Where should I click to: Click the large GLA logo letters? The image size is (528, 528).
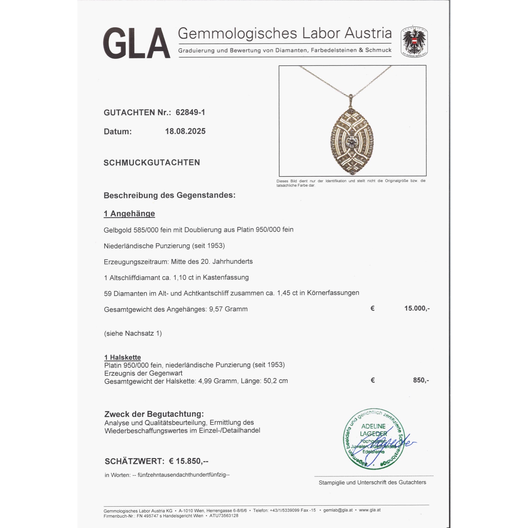pyautogui.click(x=137, y=43)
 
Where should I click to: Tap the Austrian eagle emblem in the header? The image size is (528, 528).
pyautogui.click(x=414, y=42)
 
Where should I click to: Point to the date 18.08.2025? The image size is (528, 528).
pyautogui.click(x=185, y=131)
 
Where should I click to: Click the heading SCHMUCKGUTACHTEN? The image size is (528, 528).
pyautogui.click(x=152, y=163)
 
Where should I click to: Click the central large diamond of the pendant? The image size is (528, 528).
pyautogui.click(x=351, y=142)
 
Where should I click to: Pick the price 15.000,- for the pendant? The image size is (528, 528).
pyautogui.click(x=417, y=309)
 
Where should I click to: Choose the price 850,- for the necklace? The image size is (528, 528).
pyautogui.click(x=421, y=380)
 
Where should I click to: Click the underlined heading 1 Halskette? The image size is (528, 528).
pyautogui.click(x=122, y=357)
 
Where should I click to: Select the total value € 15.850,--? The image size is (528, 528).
pyautogui.click(x=188, y=461)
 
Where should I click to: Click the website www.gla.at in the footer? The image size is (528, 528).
pyautogui.click(x=370, y=510)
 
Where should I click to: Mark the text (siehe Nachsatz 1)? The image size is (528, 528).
pyautogui.click(x=133, y=333)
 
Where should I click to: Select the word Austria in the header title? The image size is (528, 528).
pyautogui.click(x=368, y=33)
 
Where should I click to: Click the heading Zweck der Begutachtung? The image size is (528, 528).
pyautogui.click(x=154, y=414)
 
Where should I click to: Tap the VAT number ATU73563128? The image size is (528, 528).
pyautogui.click(x=224, y=516)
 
